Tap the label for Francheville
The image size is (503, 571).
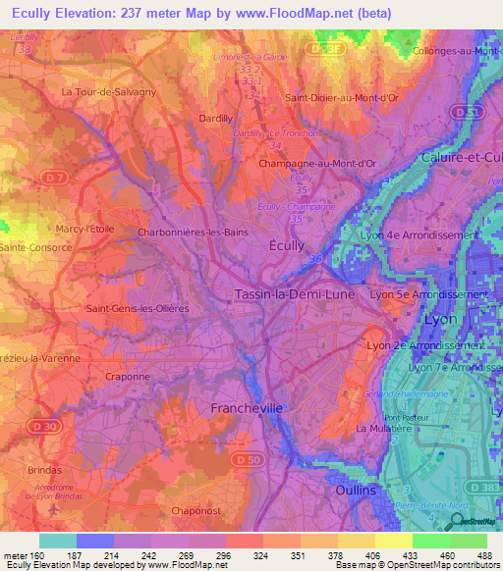point(246,407)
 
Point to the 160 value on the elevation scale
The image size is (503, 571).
point(32,555)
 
